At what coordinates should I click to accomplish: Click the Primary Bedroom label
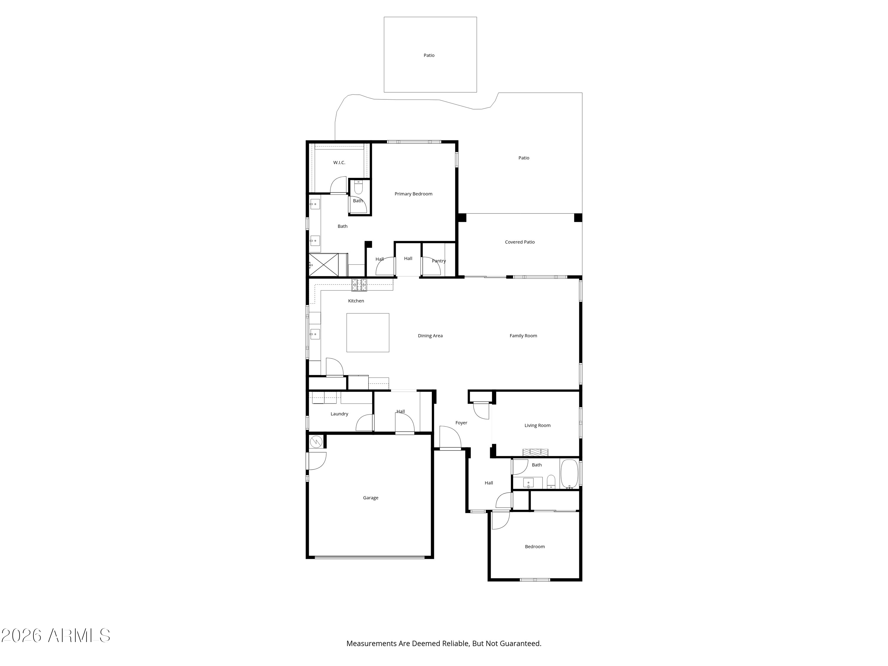click(413, 194)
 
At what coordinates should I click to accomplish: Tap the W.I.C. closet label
click(339, 163)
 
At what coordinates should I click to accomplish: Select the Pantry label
click(439, 261)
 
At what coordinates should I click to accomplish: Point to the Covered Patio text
click(519, 242)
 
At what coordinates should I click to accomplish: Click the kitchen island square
click(368, 333)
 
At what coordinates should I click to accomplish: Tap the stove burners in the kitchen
click(359, 285)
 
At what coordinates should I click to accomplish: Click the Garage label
click(371, 498)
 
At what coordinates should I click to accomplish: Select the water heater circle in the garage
click(316, 442)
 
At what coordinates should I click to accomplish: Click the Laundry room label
click(339, 414)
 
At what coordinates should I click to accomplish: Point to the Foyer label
click(461, 423)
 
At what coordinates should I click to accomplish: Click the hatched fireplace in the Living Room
click(535, 452)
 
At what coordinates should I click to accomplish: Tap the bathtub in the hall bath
click(569, 474)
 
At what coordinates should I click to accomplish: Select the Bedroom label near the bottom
click(535, 547)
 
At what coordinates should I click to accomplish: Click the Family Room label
click(523, 336)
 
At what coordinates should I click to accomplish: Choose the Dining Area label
click(430, 336)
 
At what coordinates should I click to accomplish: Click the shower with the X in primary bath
click(324, 265)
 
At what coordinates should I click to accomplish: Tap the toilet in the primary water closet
click(358, 187)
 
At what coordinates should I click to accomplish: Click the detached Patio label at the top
click(429, 55)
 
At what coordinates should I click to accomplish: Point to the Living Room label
click(537, 426)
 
